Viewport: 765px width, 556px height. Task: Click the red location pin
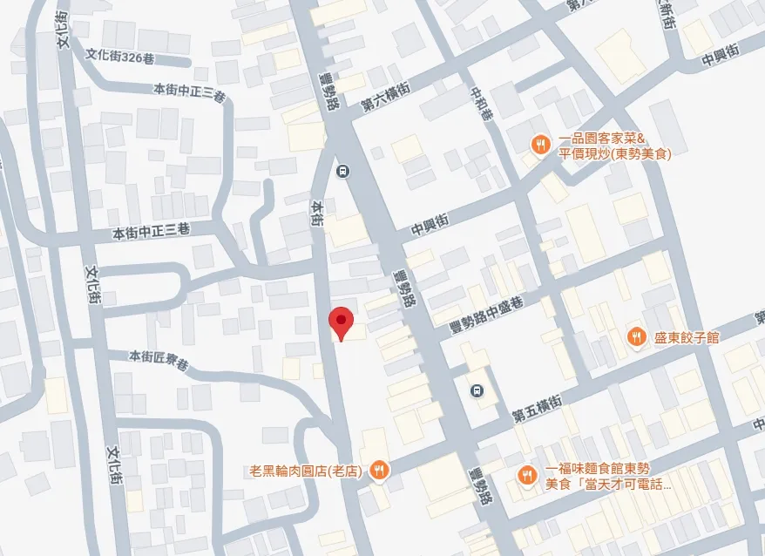click(x=341, y=323)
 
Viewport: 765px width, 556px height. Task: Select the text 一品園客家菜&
click(x=601, y=139)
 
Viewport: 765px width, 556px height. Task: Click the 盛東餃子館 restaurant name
click(x=687, y=337)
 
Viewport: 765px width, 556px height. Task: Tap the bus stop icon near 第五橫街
click(x=476, y=390)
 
